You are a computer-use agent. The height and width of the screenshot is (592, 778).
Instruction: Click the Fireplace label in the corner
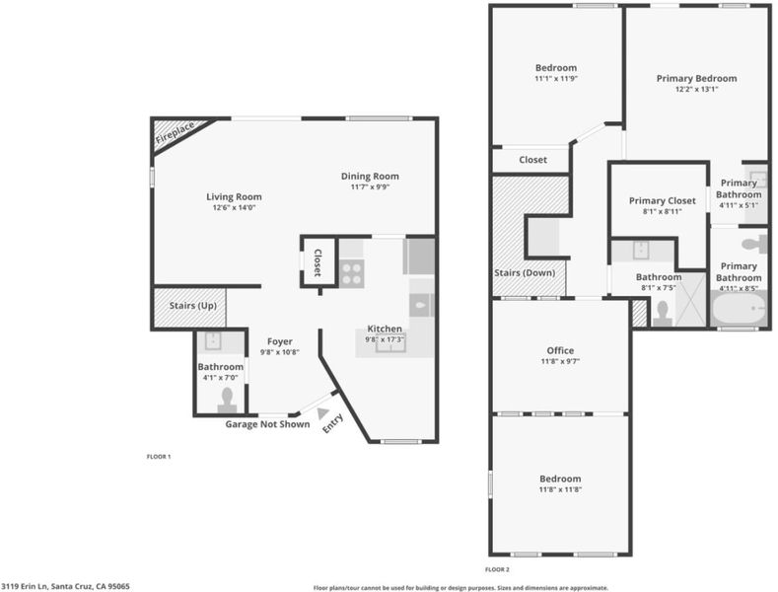(x=175, y=132)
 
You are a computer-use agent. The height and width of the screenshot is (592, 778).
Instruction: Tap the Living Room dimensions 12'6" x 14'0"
(x=234, y=208)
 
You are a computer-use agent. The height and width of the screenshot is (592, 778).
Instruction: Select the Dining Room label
(x=370, y=176)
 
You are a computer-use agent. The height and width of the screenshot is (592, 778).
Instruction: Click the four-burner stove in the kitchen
(x=352, y=273)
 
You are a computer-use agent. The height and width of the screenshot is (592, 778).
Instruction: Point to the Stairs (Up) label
(x=193, y=306)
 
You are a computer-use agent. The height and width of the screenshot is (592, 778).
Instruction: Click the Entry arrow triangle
(x=323, y=412)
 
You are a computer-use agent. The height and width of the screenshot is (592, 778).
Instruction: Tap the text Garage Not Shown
(x=267, y=424)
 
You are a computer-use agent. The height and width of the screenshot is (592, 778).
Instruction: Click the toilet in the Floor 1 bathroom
(x=227, y=401)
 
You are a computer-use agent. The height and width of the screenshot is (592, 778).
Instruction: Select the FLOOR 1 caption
(x=159, y=457)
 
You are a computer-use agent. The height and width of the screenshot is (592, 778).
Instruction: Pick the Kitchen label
(x=385, y=329)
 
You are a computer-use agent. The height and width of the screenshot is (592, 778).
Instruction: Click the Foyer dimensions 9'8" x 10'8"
(x=280, y=352)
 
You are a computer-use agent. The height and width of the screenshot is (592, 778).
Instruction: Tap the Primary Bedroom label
(x=696, y=79)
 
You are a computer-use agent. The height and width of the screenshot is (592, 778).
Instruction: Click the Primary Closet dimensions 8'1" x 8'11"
(x=662, y=211)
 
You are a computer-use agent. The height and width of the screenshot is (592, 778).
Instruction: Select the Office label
(x=560, y=350)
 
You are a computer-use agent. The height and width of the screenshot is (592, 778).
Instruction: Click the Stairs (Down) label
(x=525, y=272)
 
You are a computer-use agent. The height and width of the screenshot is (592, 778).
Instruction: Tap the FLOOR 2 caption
(x=497, y=569)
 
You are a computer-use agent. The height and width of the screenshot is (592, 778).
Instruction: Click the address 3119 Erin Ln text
(x=25, y=586)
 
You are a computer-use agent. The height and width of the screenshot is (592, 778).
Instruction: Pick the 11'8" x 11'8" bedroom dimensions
(x=560, y=489)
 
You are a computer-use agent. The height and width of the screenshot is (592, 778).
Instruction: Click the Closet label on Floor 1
(x=318, y=262)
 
